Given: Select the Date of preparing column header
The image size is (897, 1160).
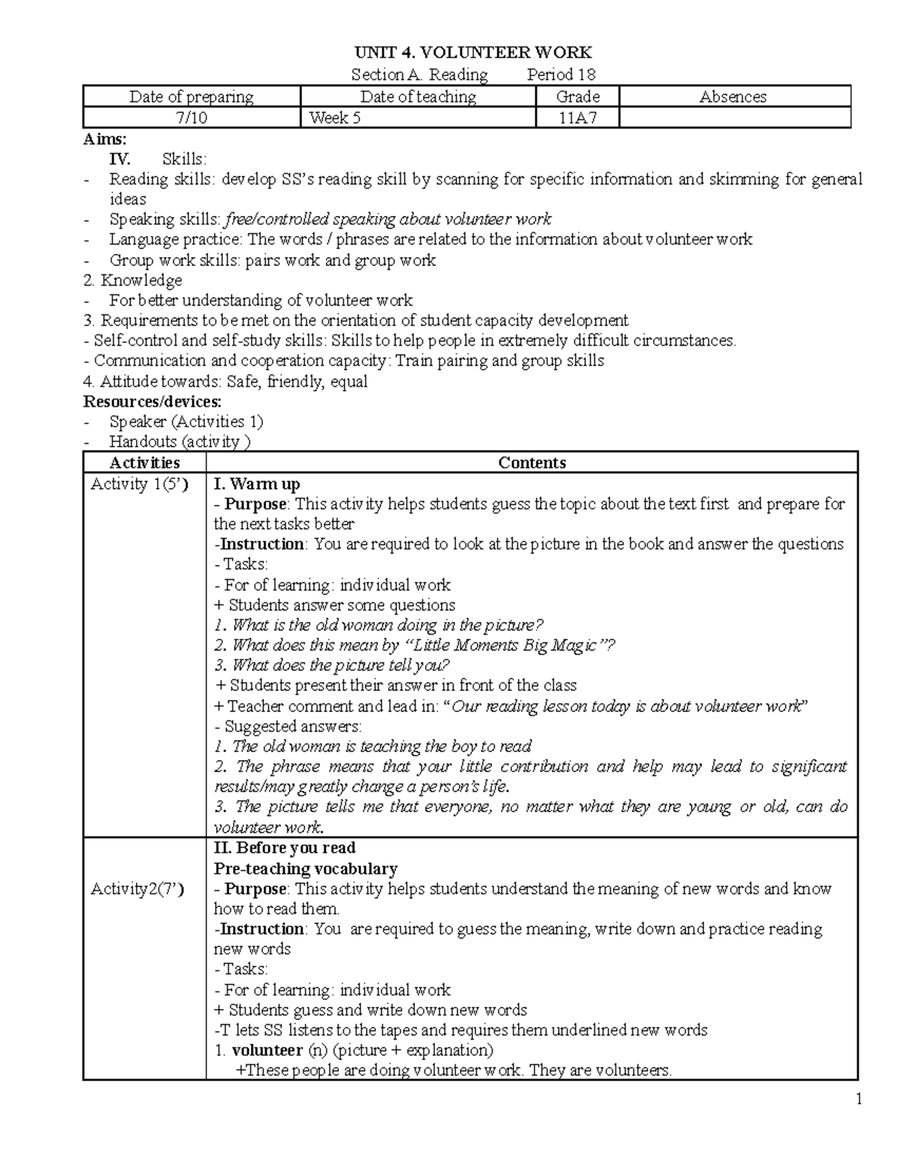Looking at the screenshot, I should point(191,96).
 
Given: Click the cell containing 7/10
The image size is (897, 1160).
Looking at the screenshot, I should point(191,118).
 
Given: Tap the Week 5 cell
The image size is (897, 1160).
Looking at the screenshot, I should point(336,118).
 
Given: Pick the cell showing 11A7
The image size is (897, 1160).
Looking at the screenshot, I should point(578,118).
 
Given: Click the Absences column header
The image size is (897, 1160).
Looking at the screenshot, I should point(733,96).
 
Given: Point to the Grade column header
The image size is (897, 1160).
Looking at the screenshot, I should point(578,96).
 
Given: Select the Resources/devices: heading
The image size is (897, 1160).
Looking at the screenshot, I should point(152,401).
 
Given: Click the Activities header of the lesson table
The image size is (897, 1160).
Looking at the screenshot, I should point(144,462).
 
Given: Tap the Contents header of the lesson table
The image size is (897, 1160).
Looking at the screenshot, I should point(531,462).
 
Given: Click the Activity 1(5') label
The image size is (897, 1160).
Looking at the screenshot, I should point(139,484).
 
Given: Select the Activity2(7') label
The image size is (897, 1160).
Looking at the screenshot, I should point(138,888).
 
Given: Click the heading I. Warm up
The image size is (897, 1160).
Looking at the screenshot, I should point(257,484).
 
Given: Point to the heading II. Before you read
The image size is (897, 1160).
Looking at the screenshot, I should point(284,848).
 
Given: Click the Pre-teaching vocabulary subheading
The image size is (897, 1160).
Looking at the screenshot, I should point(305,868).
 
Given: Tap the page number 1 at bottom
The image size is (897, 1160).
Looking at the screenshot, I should point(859,1099).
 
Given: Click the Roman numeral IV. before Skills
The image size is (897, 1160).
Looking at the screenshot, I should point(120,159).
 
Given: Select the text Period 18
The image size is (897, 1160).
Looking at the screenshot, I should point(561,75).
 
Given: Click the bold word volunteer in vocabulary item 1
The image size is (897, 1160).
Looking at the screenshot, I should point(267,1050).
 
